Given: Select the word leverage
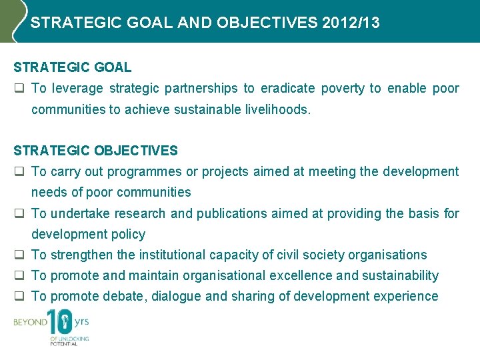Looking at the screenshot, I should pyautogui.click(x=77, y=89).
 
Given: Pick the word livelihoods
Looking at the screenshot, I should pyautogui.click(x=276, y=109).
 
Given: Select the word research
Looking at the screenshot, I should pyautogui.click(x=139, y=213).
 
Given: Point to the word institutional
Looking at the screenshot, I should pyautogui.click(x=171, y=255).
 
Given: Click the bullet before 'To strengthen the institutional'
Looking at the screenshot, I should pyautogui.click(x=19, y=255).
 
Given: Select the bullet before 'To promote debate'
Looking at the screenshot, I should pyautogui.click(x=19, y=296).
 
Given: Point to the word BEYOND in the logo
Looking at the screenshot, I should pyautogui.click(x=30, y=322).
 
